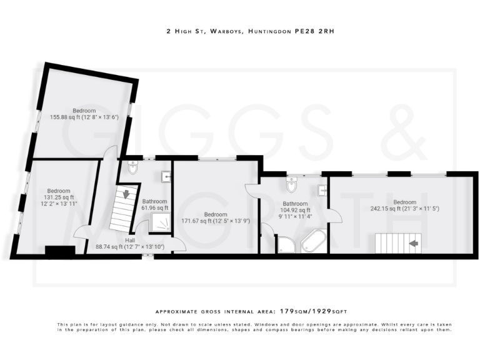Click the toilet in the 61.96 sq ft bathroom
tap(132, 167)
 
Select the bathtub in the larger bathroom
tap(313, 241)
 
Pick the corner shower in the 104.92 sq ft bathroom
tap(286, 245)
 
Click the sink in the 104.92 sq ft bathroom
tap(322, 190)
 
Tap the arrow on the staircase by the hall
tap(126, 194)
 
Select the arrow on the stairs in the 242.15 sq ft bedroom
tap(412, 242)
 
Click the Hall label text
tap(130, 241)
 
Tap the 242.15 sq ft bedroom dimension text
tap(405, 209)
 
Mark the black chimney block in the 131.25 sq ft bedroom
tap(60, 251)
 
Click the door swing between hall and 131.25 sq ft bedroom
tap(81, 232)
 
